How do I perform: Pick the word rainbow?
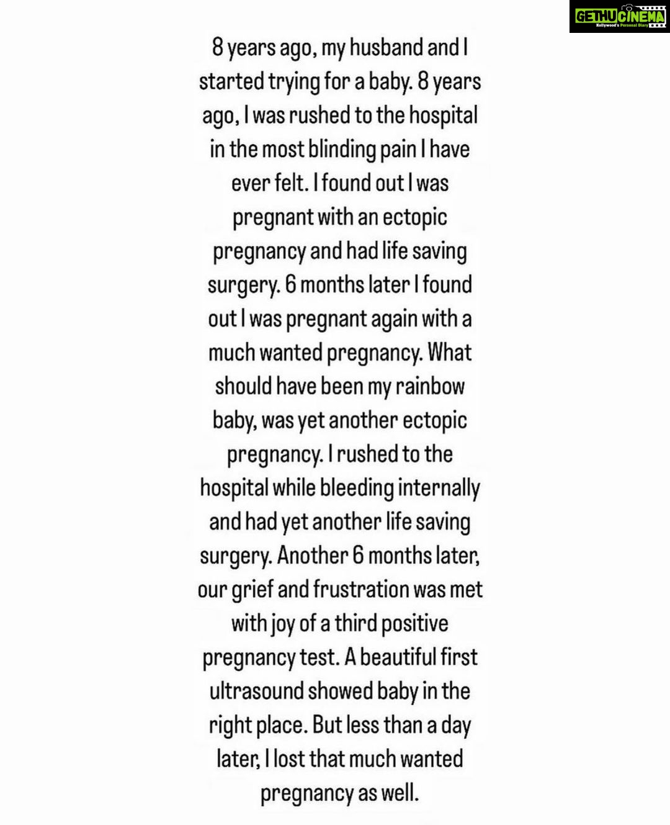[430, 386]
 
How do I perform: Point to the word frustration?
[354, 589]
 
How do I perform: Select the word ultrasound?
[256, 691]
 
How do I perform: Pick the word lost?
[289, 759]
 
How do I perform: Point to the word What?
[450, 353]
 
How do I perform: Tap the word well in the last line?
[398, 793]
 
